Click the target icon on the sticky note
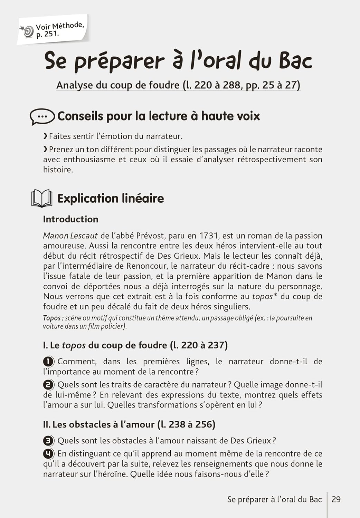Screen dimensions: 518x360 [28, 31]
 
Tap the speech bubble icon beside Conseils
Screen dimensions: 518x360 [42, 117]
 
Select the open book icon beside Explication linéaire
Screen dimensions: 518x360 [42, 199]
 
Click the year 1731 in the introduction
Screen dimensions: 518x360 [209, 236]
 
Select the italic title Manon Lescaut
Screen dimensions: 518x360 [70, 236]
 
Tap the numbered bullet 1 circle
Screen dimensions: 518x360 [48, 362]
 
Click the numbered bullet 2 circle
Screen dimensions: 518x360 [48, 385]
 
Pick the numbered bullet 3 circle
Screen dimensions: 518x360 [48, 441]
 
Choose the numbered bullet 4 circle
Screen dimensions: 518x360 [48, 453]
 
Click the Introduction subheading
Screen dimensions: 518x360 [70, 219]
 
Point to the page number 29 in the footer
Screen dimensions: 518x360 [336, 499]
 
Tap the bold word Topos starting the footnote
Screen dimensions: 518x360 [51, 318]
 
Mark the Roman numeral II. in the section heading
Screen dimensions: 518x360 [47, 424]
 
